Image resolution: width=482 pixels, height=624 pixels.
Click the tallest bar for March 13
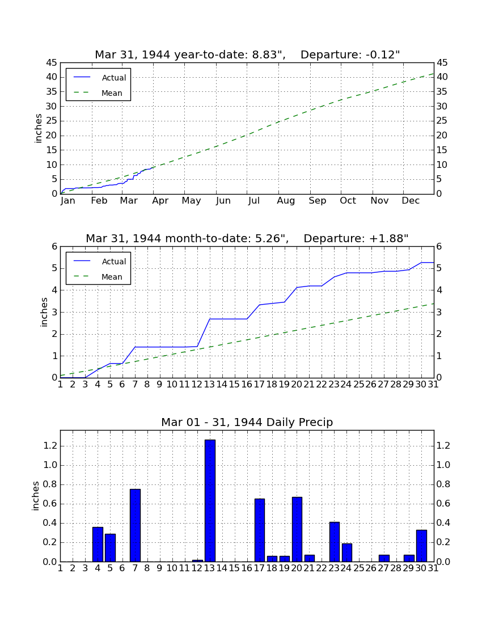210,501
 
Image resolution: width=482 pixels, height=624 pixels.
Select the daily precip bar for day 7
135,525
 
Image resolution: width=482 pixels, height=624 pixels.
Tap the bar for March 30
421,546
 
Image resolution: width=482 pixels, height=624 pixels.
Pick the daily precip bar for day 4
98,545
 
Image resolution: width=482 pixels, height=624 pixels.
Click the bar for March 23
335,542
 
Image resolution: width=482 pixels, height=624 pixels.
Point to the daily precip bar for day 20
297,529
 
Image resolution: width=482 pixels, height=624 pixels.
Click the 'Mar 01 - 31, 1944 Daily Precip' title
247,422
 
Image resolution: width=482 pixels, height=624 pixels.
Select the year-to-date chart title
247,54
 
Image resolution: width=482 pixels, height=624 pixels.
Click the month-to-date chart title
247,238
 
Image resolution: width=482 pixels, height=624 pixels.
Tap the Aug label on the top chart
286,201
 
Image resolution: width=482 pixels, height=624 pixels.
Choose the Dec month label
411,201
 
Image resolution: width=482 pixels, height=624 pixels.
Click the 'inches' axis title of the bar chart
36,496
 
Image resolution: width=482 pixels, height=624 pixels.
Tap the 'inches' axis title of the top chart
38,128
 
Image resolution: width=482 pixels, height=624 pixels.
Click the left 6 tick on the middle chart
55,247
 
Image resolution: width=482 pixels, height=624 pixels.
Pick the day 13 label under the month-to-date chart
210,385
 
